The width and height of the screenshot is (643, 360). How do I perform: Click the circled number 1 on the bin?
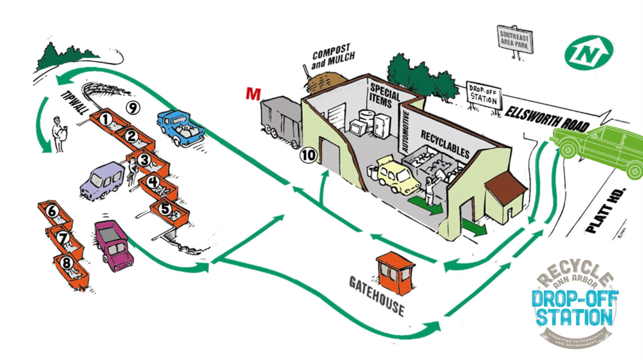[x=104, y=118]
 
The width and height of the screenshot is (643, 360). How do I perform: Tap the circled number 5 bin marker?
[x=166, y=209]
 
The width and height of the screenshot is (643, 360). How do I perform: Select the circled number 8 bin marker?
[x=66, y=262]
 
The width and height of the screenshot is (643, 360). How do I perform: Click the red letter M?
[x=254, y=93]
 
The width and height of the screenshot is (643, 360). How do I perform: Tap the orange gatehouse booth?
[x=395, y=271]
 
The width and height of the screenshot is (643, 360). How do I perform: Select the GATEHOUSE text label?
[x=377, y=297]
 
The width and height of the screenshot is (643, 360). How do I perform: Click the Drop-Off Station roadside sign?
[x=485, y=96]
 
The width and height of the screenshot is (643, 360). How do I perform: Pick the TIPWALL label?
[x=73, y=101]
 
